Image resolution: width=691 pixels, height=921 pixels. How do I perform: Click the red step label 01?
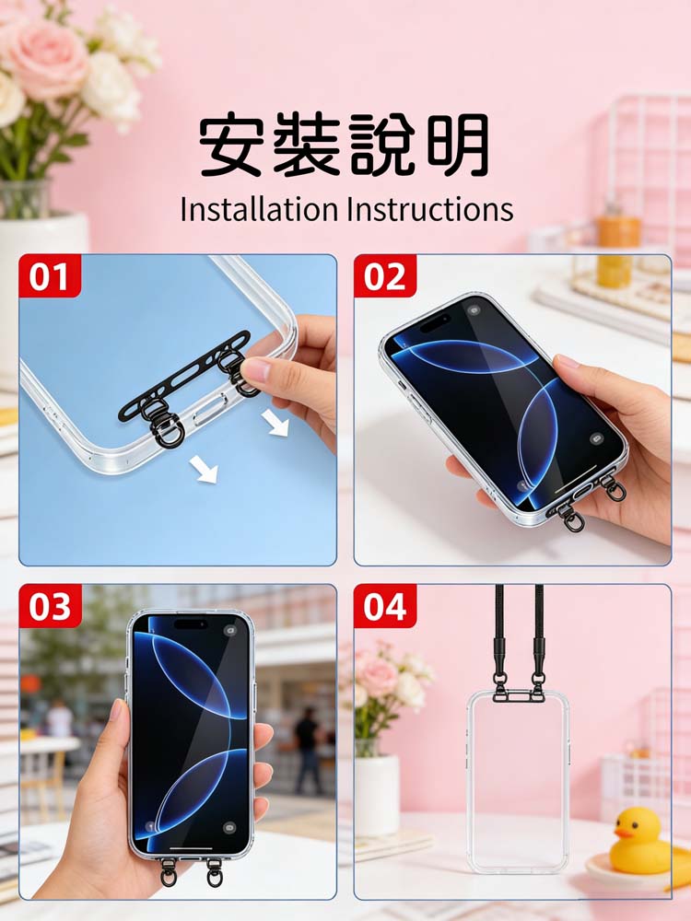(x=50, y=275)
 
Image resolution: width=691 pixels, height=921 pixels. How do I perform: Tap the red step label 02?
(x=385, y=275)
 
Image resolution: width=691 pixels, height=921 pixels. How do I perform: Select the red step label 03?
(x=50, y=606)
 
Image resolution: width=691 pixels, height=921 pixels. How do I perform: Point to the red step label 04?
(x=385, y=606)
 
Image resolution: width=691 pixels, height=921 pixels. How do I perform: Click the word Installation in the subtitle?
(x=259, y=209)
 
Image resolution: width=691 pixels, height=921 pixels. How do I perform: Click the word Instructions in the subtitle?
(x=430, y=209)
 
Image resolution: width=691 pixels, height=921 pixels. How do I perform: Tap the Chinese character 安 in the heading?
(x=230, y=146)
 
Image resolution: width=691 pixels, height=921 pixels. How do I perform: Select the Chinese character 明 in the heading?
(x=458, y=146)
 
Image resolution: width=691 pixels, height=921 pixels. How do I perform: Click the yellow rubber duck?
(x=640, y=840)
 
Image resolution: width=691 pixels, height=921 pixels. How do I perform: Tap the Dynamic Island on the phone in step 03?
(x=191, y=624)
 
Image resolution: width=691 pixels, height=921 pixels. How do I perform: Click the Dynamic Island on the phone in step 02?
(x=436, y=321)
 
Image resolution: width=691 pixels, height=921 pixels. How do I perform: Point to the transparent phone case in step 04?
(x=518, y=781)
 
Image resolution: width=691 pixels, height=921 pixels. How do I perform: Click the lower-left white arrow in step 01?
(x=204, y=470)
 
